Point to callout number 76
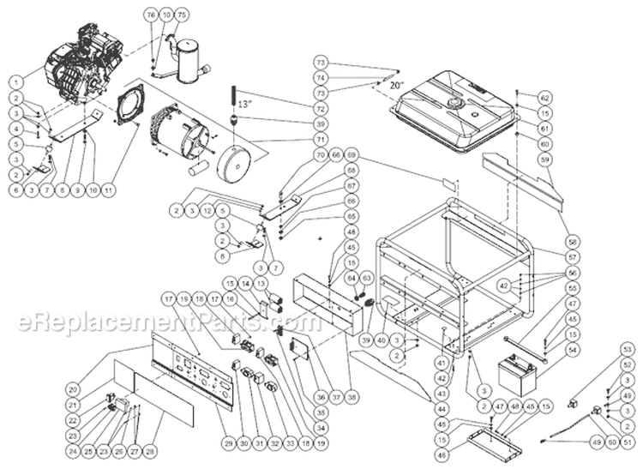click(x=152, y=16)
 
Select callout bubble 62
click(x=544, y=97)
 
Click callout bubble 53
click(x=628, y=350)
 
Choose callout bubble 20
click(x=72, y=388)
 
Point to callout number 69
click(x=327, y=154)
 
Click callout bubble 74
click(x=321, y=77)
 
